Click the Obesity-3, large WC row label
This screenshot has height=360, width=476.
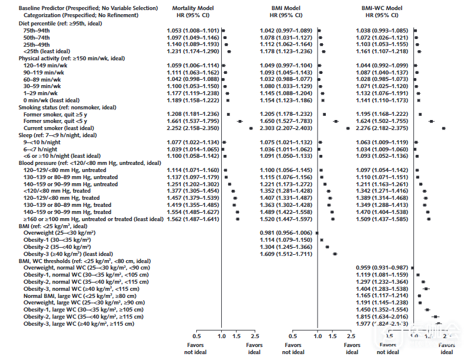click(x=79, y=324)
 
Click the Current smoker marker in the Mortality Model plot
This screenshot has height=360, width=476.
click(x=250, y=128)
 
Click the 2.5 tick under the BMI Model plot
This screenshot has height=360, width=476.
click(x=352, y=336)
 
